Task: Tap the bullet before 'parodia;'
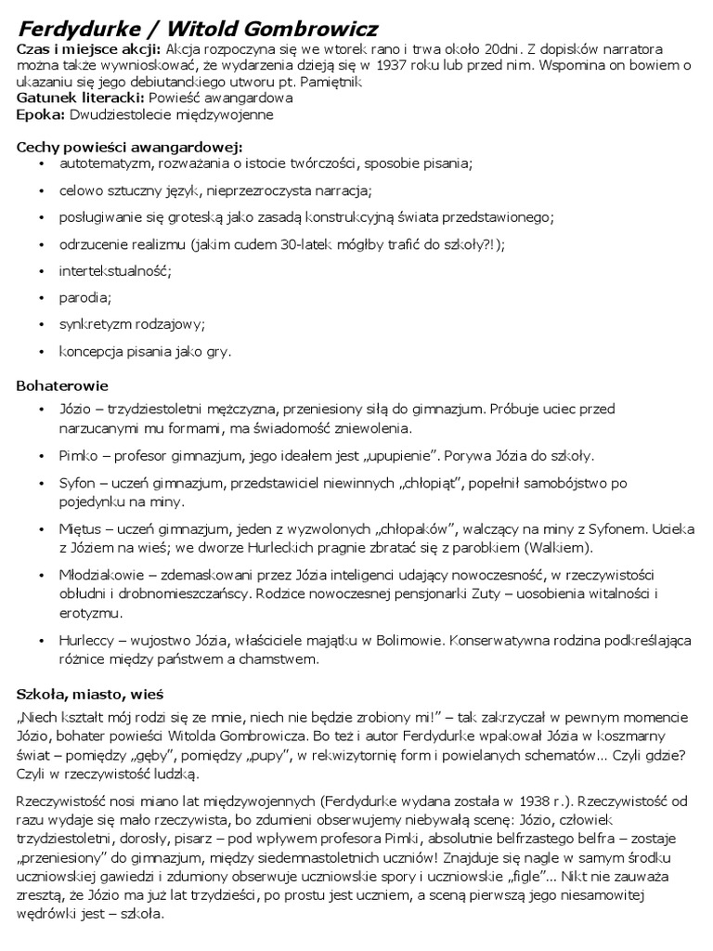tap(42, 298)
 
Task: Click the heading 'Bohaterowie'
tap(63, 384)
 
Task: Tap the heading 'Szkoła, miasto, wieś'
tap(91, 693)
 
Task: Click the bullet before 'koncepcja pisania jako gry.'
tap(42, 352)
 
